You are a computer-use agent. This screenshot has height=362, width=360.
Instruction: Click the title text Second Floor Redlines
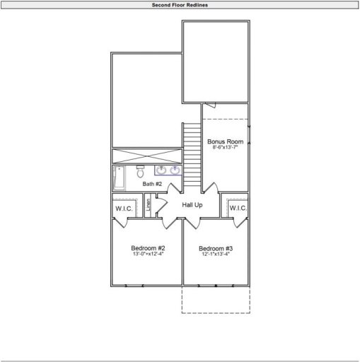pyautogui.click(x=180, y=4)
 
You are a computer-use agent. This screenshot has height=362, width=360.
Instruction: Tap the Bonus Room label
pyautogui.click(x=226, y=142)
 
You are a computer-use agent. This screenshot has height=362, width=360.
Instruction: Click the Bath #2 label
pyautogui.click(x=152, y=184)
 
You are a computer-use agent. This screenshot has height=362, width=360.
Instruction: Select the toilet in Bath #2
pyautogui.click(x=140, y=172)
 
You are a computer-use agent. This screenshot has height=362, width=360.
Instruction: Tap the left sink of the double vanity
pyautogui.click(x=162, y=170)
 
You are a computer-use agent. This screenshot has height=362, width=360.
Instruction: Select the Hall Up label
pyautogui.click(x=192, y=205)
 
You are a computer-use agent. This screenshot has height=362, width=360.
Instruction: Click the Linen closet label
pyautogui.click(x=149, y=205)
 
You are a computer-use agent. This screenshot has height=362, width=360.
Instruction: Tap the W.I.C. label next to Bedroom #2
pyautogui.click(x=124, y=209)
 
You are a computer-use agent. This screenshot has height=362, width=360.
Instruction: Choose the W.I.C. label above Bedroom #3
pyautogui.click(x=237, y=209)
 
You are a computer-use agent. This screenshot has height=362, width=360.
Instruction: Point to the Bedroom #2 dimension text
pyautogui.click(x=148, y=255)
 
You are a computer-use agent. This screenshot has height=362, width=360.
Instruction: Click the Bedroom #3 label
pyautogui.click(x=216, y=248)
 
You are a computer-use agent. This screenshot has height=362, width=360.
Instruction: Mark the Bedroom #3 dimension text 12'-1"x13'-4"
pyautogui.click(x=216, y=255)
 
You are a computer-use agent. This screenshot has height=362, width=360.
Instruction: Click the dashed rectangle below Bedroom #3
pyautogui.click(x=216, y=300)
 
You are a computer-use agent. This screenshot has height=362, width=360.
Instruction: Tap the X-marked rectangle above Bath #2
pyautogui.click(x=156, y=156)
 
